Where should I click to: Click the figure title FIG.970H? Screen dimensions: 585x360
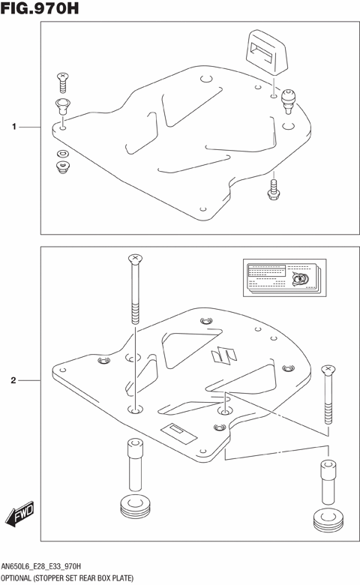tap(40, 10)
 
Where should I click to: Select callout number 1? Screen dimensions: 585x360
tap(13, 127)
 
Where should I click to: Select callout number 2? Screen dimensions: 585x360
tap(13, 381)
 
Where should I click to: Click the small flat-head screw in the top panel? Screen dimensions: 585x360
tap(62, 77)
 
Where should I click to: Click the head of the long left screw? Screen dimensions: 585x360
tap(134, 259)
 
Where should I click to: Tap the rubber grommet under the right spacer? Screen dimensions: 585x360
tap(327, 519)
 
